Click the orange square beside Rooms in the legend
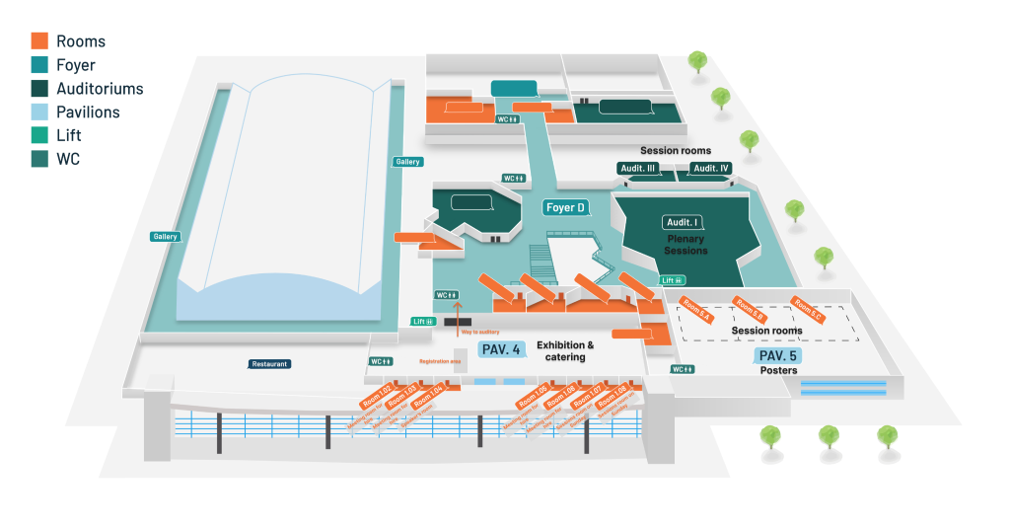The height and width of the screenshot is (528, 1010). click(39, 41)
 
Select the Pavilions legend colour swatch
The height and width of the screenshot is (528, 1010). click(39, 112)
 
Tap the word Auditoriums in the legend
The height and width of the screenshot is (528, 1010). click(100, 89)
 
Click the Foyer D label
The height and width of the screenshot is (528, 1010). click(566, 207)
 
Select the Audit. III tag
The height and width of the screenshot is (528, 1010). click(638, 169)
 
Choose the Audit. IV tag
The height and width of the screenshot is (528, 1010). click(710, 169)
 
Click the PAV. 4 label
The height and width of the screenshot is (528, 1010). click(501, 349)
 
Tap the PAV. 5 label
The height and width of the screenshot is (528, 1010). click(777, 355)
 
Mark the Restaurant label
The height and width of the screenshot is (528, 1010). click(269, 364)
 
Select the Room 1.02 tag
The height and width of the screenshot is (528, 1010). click(377, 397)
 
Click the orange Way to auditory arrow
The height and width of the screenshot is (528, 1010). click(457, 314)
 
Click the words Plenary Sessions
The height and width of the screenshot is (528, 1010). click(686, 245)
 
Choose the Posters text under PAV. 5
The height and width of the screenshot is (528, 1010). click(779, 371)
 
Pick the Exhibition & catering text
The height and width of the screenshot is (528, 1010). click(565, 351)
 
